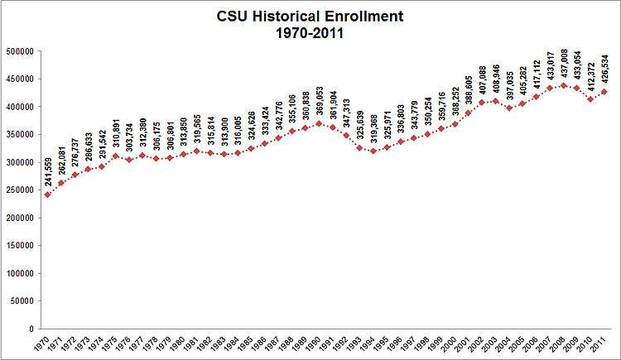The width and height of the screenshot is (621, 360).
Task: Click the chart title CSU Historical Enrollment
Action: pyautogui.click(x=311, y=16)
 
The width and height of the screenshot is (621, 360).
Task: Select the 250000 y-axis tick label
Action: pyautogui.click(x=20, y=190)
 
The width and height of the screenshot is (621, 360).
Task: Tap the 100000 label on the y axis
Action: pyautogui.click(x=20, y=273)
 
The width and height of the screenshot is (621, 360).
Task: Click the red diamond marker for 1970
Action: pyautogui.click(x=47, y=194)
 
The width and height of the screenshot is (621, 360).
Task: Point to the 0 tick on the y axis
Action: pyautogui.click(x=30, y=329)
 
